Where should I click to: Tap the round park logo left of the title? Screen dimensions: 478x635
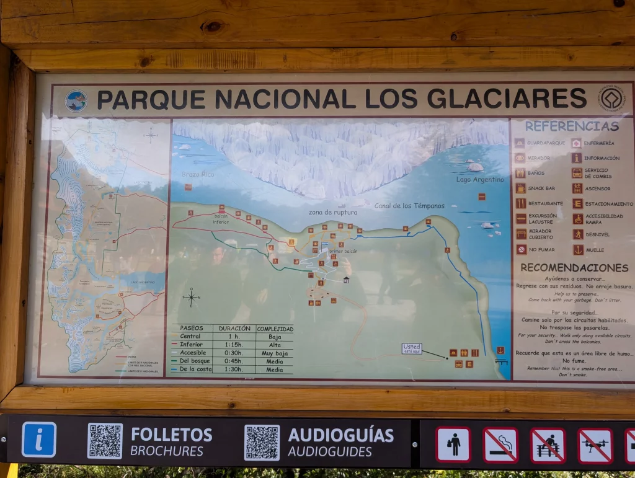[x=76, y=100]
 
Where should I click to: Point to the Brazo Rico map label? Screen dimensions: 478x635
[x=198, y=175]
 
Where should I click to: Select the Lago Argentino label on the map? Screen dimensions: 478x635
[x=480, y=180]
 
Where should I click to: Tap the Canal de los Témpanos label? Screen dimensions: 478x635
[x=409, y=205]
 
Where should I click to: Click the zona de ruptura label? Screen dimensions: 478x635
[x=333, y=212]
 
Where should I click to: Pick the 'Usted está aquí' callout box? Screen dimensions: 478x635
[x=411, y=348]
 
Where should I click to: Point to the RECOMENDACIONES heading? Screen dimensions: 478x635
[x=574, y=268]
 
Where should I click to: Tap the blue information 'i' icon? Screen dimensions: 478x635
[x=39, y=440]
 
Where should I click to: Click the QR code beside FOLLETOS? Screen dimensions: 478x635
[x=105, y=441]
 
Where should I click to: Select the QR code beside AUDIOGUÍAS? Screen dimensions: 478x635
[x=262, y=442]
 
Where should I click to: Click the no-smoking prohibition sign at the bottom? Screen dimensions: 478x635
[x=500, y=445]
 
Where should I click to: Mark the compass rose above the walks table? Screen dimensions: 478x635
[x=191, y=297]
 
